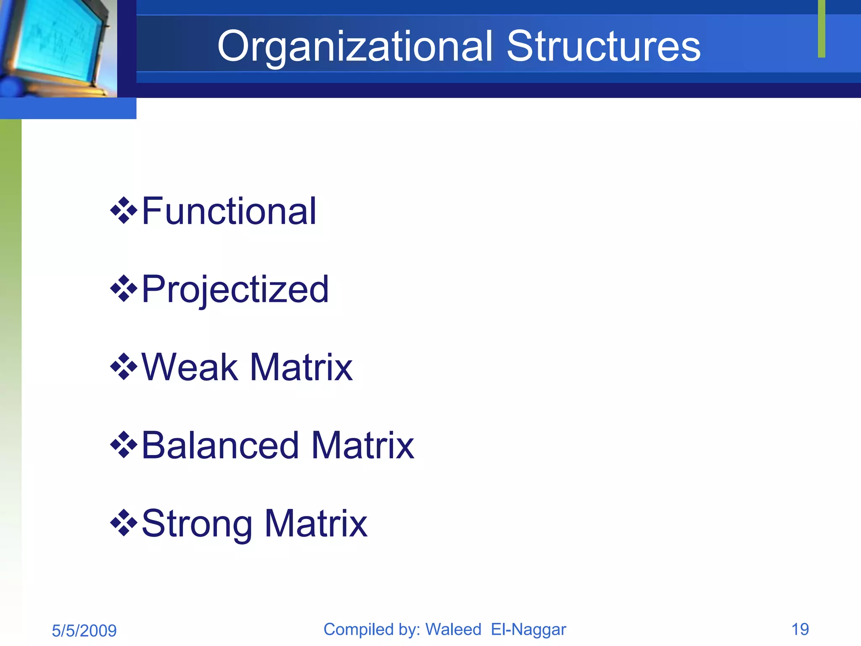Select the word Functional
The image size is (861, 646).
click(x=229, y=211)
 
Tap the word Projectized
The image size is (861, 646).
click(x=235, y=289)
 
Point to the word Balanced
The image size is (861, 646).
click(x=220, y=445)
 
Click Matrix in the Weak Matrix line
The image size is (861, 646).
click(x=301, y=367)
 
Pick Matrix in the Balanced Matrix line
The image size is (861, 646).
click(x=363, y=445)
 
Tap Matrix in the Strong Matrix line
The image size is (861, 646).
click(x=316, y=524)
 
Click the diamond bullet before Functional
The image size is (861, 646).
click(x=124, y=210)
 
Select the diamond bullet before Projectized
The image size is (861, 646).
click(x=124, y=289)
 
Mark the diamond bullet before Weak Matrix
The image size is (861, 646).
click(x=124, y=367)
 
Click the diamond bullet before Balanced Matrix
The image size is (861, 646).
click(x=124, y=445)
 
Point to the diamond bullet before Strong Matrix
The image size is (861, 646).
click(x=124, y=523)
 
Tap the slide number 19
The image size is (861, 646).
click(x=800, y=630)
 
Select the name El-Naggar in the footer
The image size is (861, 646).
click(x=528, y=630)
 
